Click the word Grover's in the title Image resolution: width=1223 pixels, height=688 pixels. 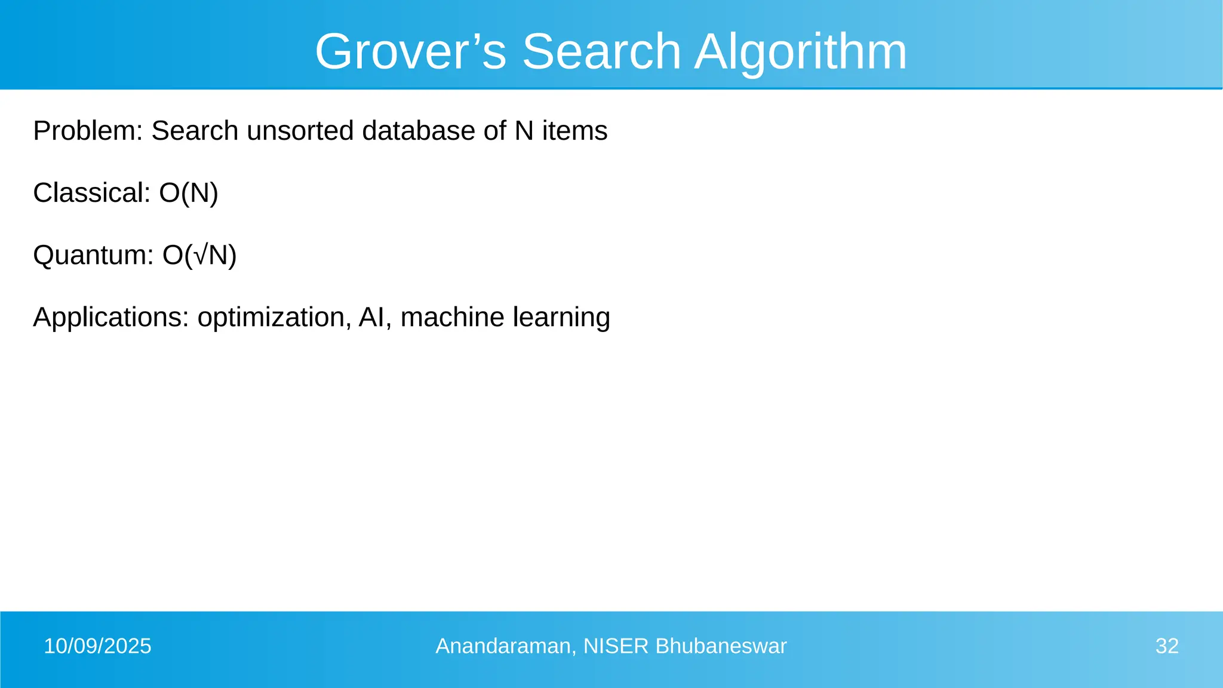point(410,52)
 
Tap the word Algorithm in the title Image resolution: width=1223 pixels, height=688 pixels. point(800,52)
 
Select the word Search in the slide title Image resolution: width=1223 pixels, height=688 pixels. point(601,52)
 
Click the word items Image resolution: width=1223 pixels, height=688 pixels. point(574,131)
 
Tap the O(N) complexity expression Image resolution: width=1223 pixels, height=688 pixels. point(189,193)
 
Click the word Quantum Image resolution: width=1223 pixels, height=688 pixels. point(93,255)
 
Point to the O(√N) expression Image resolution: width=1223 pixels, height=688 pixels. point(199,255)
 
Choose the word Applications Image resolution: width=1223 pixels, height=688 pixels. point(110,317)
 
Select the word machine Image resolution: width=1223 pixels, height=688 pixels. point(452,317)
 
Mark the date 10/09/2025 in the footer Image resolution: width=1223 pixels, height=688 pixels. point(98,646)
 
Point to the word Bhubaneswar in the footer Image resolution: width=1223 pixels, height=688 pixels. point(721,646)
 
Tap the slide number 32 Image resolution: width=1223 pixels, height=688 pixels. point(1167,646)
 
